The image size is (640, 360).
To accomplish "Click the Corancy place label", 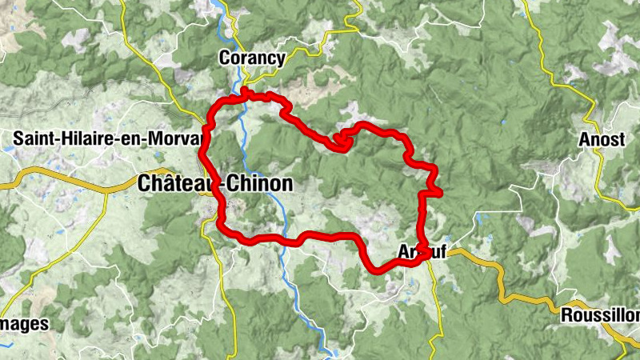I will point(252,58).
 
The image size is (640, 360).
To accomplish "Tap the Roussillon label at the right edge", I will point(600,314).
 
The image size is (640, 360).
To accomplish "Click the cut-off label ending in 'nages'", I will point(24,324).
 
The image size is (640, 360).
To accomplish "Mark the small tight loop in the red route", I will point(341,140).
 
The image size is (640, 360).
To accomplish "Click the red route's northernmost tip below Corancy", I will point(243,94).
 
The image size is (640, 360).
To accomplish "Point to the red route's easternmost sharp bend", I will point(438,190).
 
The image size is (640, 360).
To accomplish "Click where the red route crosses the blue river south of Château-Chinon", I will point(282,239).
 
